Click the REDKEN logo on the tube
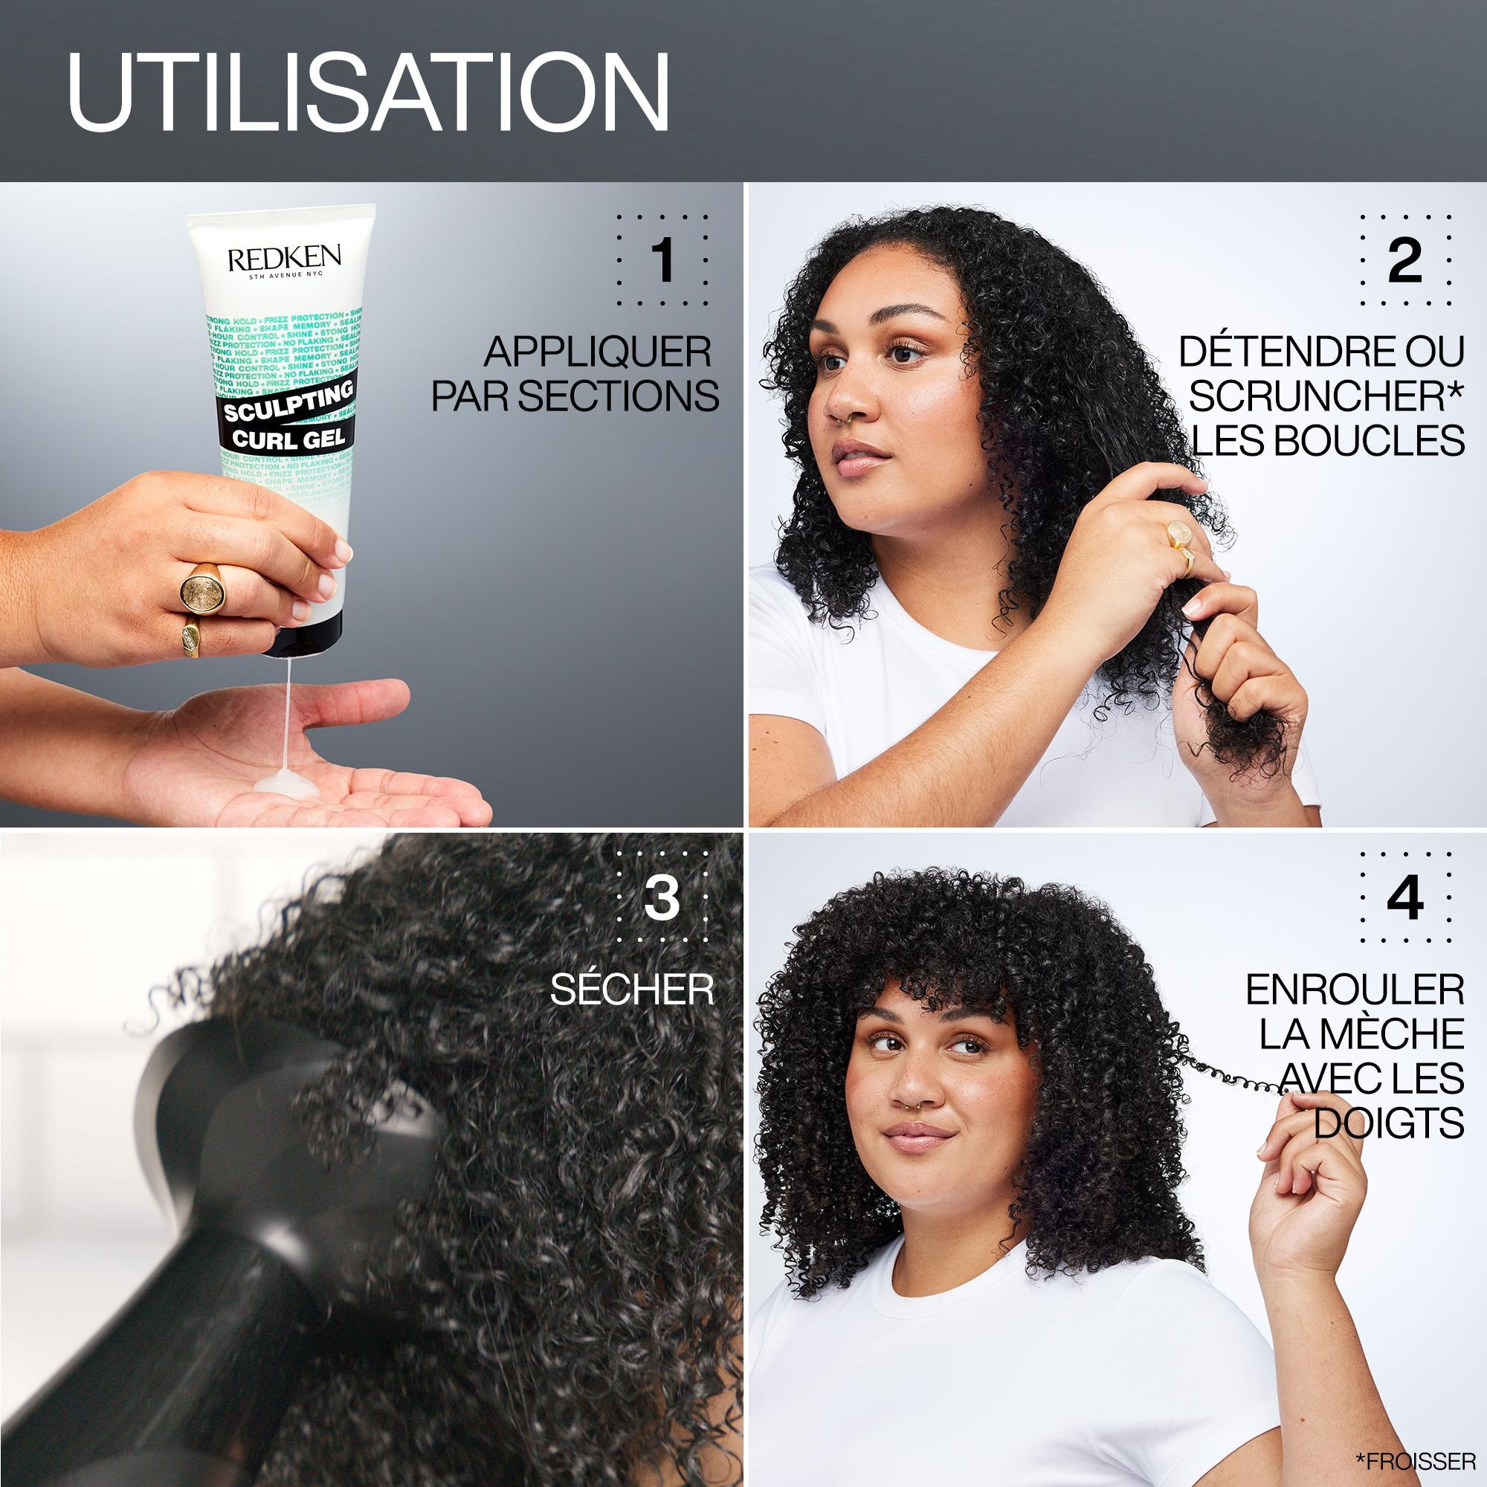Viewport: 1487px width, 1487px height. click(x=284, y=259)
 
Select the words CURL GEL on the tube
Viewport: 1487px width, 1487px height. click(x=288, y=439)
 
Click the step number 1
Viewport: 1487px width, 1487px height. click(x=662, y=260)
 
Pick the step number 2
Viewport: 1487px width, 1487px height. click(x=1404, y=260)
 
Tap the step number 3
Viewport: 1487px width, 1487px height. click(x=662, y=897)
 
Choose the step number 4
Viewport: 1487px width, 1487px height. click(x=1404, y=897)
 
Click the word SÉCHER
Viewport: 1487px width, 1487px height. click(x=631, y=990)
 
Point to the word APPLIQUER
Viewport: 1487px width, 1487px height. click(x=597, y=352)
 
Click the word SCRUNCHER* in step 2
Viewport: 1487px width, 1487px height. click(x=1326, y=396)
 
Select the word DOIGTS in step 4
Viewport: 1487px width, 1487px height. click(x=1388, y=1123)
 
